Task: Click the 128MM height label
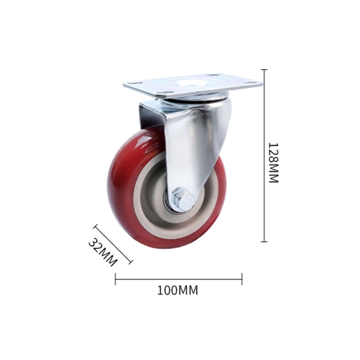coord(274,163)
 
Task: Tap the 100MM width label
coord(178,290)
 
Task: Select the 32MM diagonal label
coord(103,253)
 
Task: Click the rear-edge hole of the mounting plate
coord(213,75)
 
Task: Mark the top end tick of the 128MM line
coord(264,69)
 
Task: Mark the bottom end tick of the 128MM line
coord(264,241)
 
